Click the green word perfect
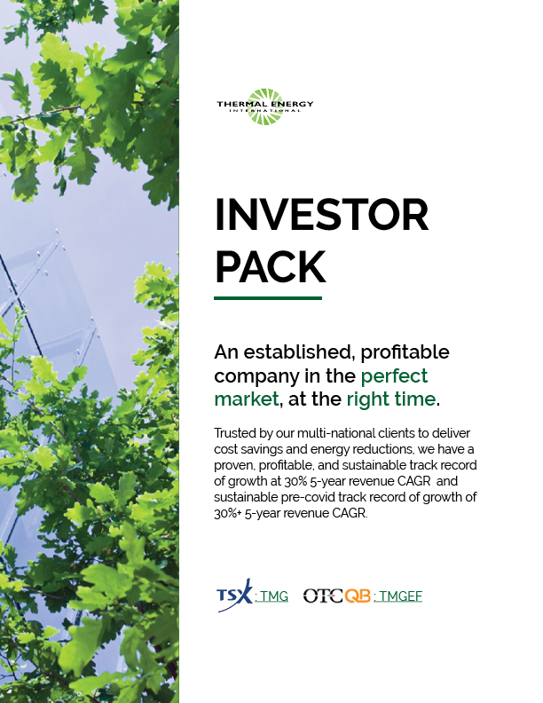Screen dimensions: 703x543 [394, 375]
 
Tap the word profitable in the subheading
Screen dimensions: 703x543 [406, 351]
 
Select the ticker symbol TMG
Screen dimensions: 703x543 [272, 596]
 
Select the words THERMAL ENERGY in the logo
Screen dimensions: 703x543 [264, 105]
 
